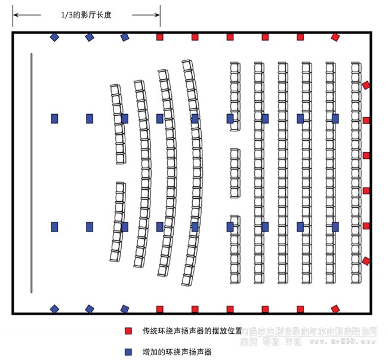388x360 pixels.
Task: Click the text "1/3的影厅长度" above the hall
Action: [x=87, y=14]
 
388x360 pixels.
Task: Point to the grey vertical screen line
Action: [x=31, y=173]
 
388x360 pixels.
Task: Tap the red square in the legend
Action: [x=128, y=330]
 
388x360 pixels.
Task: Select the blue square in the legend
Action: [x=128, y=352]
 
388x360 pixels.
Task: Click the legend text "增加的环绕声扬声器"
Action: [x=177, y=352]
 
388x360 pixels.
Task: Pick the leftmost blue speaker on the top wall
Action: [x=54, y=37]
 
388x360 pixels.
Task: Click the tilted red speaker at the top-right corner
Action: [x=335, y=37]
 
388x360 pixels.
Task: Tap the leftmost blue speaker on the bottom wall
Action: [x=54, y=309]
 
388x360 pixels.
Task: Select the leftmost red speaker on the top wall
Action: [x=159, y=37]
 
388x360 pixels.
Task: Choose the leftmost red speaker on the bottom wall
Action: [x=159, y=309]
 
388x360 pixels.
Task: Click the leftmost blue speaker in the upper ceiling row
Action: [x=54, y=118]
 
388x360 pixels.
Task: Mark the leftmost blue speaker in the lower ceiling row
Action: [x=54, y=227]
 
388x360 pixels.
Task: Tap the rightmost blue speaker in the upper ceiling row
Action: [x=335, y=118]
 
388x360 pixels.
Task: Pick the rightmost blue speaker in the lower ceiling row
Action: [x=335, y=227]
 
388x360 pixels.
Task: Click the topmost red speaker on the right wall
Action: [x=366, y=85]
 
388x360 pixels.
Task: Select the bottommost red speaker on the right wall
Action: [x=366, y=261]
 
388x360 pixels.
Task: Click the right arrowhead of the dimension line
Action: [x=158, y=14]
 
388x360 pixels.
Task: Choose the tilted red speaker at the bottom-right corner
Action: [x=335, y=309]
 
